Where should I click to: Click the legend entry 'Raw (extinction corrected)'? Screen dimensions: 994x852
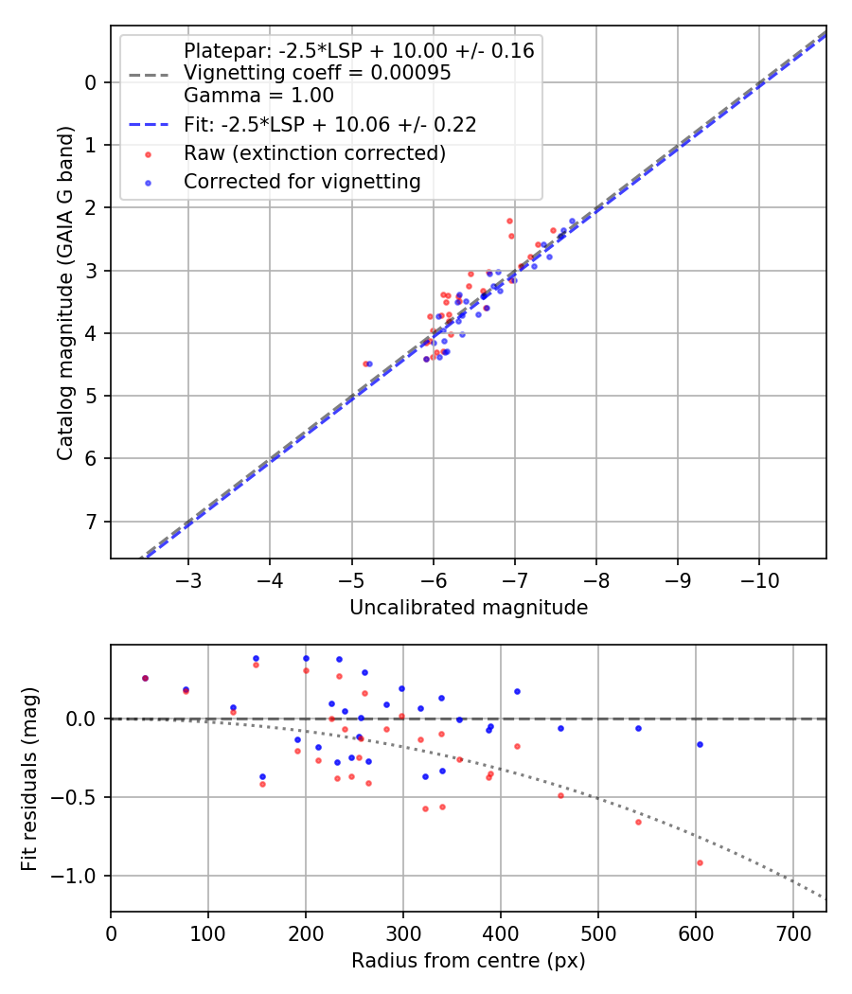[x=314, y=152]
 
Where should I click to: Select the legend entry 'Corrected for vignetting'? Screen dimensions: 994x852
[x=302, y=181]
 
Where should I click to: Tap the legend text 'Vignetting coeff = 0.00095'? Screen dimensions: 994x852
[x=317, y=73]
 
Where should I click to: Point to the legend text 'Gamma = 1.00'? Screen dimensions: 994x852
[x=258, y=95]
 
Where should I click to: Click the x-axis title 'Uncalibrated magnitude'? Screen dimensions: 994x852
[x=469, y=608]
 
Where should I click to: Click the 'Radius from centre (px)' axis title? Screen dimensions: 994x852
[x=469, y=961]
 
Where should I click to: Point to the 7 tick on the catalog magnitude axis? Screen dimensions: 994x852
[x=91, y=522]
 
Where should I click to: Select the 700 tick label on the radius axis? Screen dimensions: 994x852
[x=792, y=933]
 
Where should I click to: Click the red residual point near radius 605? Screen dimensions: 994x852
[x=700, y=862]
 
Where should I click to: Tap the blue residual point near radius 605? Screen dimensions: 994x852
[x=700, y=744]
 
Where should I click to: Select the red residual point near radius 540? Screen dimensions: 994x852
[x=638, y=822]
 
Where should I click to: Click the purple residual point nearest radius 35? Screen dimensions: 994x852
[x=145, y=678]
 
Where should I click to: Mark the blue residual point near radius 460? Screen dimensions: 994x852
[x=560, y=728]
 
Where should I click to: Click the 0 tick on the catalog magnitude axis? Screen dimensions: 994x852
[x=91, y=82]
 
